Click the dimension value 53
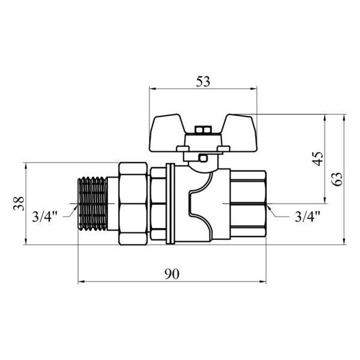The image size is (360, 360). (x=203, y=82)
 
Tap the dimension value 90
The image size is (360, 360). (x=172, y=274)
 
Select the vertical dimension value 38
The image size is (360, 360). (x=19, y=203)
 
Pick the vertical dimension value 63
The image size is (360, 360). (x=337, y=179)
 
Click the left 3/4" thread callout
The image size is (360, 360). (x=44, y=216)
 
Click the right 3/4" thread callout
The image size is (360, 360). (x=307, y=216)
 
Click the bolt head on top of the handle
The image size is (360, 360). (x=203, y=130)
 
